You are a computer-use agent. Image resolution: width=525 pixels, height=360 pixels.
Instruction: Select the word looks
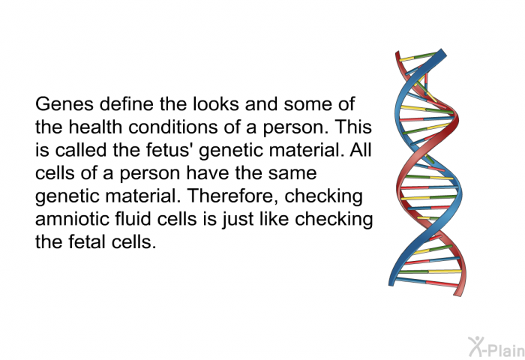tap(216, 104)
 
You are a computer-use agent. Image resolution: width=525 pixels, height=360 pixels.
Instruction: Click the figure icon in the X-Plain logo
tap(475, 346)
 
